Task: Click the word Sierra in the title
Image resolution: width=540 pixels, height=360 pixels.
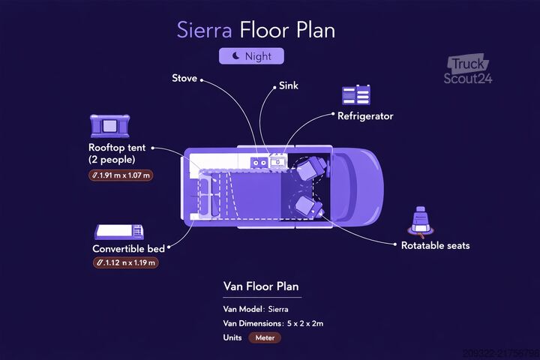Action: tap(205, 30)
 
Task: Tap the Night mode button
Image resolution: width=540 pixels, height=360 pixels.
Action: tap(251, 55)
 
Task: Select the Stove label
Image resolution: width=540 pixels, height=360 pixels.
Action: tap(184, 78)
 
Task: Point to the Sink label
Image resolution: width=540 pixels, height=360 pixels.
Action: tap(289, 85)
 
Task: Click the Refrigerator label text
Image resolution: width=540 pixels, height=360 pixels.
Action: tap(365, 116)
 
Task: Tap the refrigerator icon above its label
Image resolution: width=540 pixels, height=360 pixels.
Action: tap(356, 94)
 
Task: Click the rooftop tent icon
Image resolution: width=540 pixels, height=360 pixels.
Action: tap(109, 126)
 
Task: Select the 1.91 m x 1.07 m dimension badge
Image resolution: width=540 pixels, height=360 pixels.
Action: tap(121, 175)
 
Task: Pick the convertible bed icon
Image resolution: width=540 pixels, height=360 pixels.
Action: tap(119, 232)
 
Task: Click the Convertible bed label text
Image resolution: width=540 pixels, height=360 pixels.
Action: tap(128, 249)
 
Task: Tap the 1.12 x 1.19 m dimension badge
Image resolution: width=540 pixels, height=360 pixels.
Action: tap(126, 262)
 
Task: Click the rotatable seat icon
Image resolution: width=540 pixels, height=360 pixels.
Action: tap(421, 222)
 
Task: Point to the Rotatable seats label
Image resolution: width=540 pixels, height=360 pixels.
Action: tap(435, 246)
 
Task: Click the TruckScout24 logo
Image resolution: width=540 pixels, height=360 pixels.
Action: tap(468, 69)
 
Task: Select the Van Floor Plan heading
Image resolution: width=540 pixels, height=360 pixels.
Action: tap(261, 286)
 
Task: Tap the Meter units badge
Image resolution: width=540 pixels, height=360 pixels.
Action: tap(265, 337)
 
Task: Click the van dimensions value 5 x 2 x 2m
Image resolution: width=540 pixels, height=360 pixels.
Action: tap(305, 323)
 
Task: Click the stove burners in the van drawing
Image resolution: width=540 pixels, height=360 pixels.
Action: tap(259, 163)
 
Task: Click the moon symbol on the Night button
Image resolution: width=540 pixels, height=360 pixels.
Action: tap(236, 55)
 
